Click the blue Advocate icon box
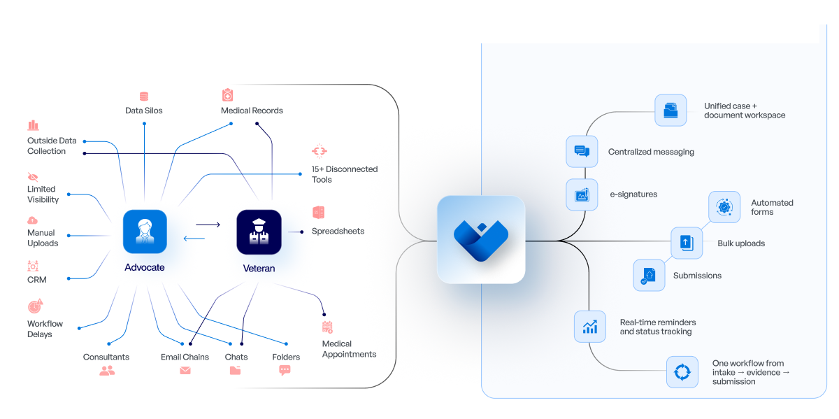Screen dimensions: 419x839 pyautogui.click(x=145, y=232)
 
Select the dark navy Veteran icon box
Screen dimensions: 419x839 pyautogui.click(x=259, y=232)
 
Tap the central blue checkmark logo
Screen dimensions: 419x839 pyautogui.click(x=481, y=239)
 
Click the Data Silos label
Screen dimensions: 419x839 pyautogui.click(x=144, y=111)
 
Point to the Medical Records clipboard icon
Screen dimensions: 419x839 pyautogui.click(x=227, y=95)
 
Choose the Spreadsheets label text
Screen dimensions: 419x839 pyautogui.click(x=338, y=231)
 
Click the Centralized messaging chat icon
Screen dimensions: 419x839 pyautogui.click(x=582, y=151)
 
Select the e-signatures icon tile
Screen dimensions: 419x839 pyautogui.click(x=582, y=195)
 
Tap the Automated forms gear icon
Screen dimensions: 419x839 pyautogui.click(x=724, y=207)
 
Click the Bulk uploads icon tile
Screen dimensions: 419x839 pyautogui.click(x=687, y=243)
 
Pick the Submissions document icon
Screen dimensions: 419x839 pyautogui.click(x=649, y=275)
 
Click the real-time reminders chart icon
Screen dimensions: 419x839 pyautogui.click(x=590, y=327)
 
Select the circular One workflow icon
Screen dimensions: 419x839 pyautogui.click(x=682, y=371)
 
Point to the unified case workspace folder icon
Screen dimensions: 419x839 pyautogui.click(x=671, y=110)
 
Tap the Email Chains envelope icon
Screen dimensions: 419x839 pyautogui.click(x=185, y=371)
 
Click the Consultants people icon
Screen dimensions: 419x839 pyautogui.click(x=107, y=371)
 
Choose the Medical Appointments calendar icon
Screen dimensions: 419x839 pyautogui.click(x=327, y=327)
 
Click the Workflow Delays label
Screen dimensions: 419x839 pyautogui.click(x=45, y=329)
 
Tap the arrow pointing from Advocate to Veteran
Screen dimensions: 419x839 pyautogui.click(x=208, y=225)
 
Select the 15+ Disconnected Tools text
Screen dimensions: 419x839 pyautogui.click(x=345, y=174)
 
